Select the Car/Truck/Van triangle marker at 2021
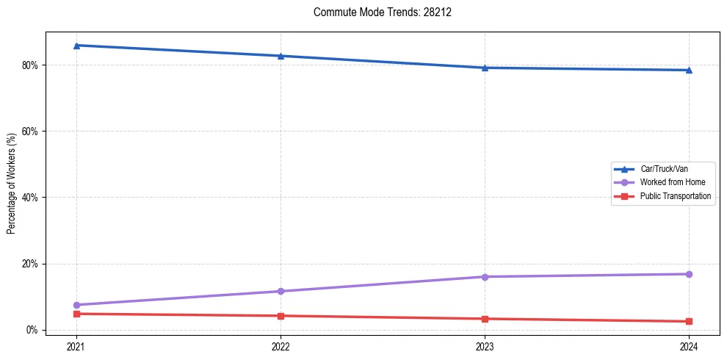pyautogui.click(x=76, y=46)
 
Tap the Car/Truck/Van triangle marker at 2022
pyautogui.click(x=281, y=56)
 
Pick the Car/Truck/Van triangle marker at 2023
pyautogui.click(x=485, y=68)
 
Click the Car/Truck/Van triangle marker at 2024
pyautogui.click(x=689, y=70)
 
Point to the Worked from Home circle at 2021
pyautogui.click(x=76, y=305)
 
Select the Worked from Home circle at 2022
pyautogui.click(x=281, y=291)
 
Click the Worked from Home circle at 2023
pyautogui.click(x=485, y=277)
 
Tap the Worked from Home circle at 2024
pyautogui.click(x=689, y=274)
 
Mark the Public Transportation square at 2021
pyautogui.click(x=76, y=314)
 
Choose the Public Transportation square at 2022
pyautogui.click(x=281, y=316)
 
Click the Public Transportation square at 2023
pyautogui.click(x=485, y=319)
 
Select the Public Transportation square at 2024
pyautogui.click(x=689, y=321)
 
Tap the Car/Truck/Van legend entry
pyautogui.click(x=663, y=169)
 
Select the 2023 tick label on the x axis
pyautogui.click(x=485, y=346)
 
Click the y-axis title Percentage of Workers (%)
pyautogui.click(x=12, y=184)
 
